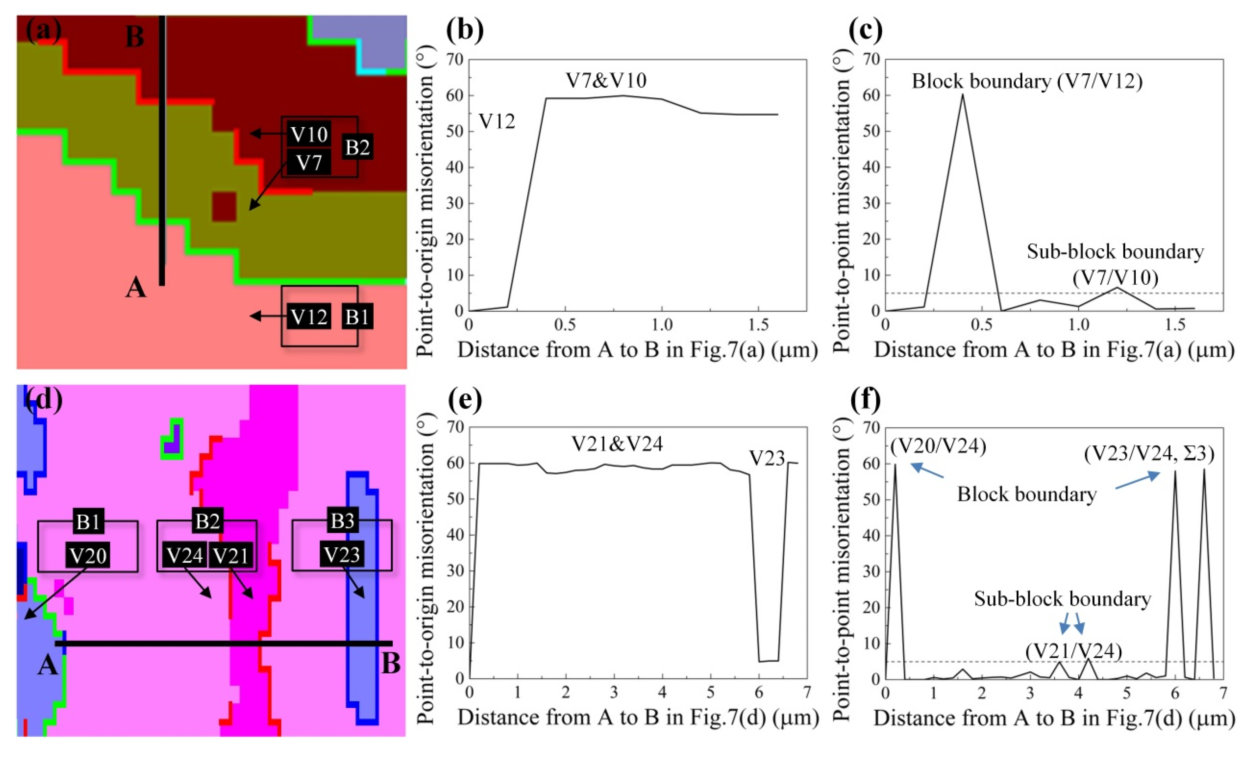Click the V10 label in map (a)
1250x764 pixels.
[309, 134]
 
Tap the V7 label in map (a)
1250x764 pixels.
[309, 163]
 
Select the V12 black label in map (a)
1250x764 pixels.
[309, 317]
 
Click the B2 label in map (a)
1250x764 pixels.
[357, 148]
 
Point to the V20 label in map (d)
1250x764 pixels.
[88, 555]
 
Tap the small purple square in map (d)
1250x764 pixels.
[172, 447]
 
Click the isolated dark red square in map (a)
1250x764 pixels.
[224, 207]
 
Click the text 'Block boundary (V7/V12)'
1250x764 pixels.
[1027, 81]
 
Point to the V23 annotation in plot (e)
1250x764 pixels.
[767, 459]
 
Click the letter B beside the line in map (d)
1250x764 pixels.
[391, 663]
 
